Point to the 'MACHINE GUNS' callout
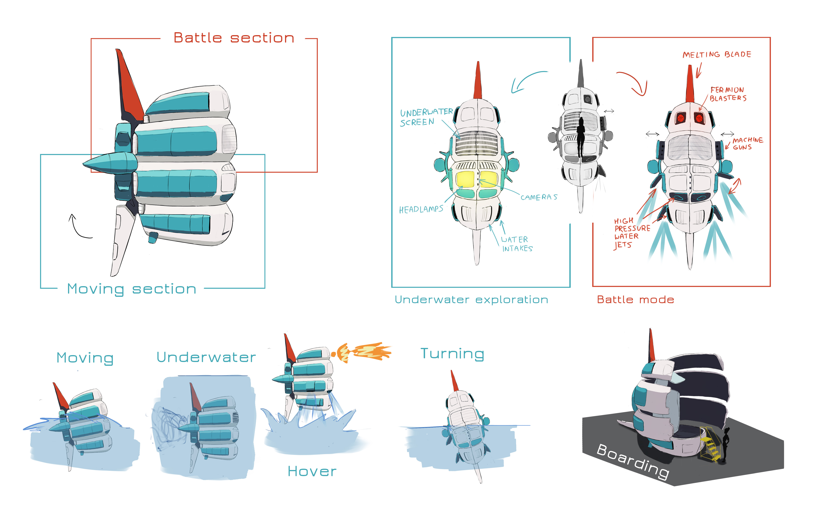click(747, 143)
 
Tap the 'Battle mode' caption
click(635, 300)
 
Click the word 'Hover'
click(312, 471)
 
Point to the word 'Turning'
click(452, 354)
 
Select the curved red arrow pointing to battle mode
click(633, 83)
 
